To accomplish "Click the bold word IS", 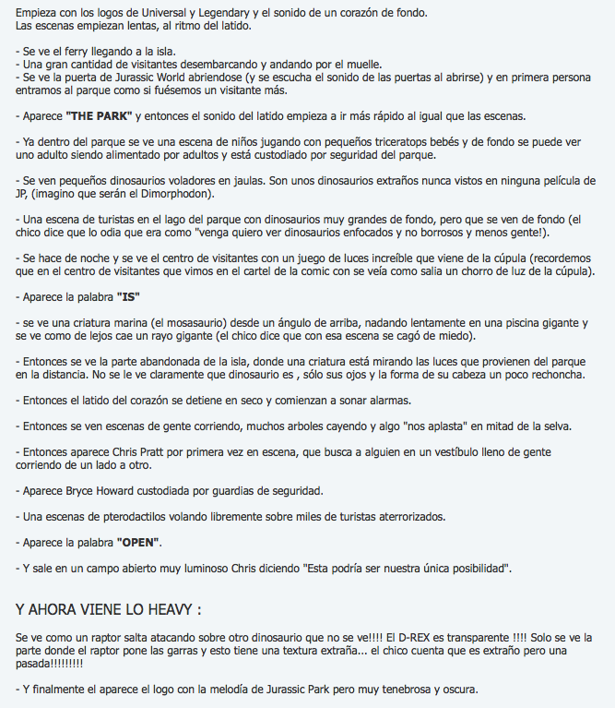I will tap(128, 297).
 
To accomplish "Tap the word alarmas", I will tap(388, 400).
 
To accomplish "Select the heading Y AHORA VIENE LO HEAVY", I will tap(109, 610).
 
